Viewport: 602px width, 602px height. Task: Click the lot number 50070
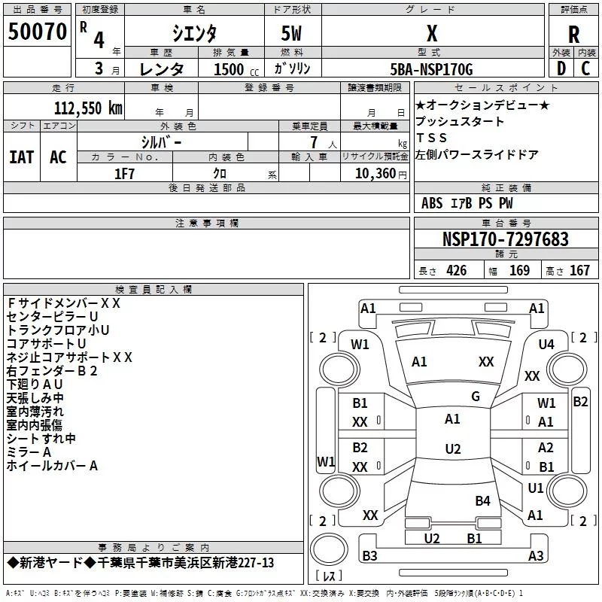tap(36, 32)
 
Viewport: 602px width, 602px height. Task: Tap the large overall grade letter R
tap(573, 34)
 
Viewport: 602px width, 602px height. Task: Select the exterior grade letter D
tap(561, 68)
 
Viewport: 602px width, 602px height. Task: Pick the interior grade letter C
tap(585, 68)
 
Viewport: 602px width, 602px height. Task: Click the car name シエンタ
tap(193, 33)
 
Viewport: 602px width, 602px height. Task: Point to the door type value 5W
tap(293, 33)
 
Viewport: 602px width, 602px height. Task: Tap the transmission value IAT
tap(21, 157)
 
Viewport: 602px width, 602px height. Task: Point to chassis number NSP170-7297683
tap(505, 240)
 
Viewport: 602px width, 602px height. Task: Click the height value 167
tap(579, 271)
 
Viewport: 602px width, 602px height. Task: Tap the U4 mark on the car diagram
tap(546, 345)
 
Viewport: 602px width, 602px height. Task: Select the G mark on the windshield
tap(476, 397)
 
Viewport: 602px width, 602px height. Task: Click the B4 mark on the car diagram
tap(482, 500)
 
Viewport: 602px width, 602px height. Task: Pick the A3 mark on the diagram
tap(536, 556)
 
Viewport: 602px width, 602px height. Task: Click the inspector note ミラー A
tap(29, 451)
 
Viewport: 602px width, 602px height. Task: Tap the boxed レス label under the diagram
tap(328, 577)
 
